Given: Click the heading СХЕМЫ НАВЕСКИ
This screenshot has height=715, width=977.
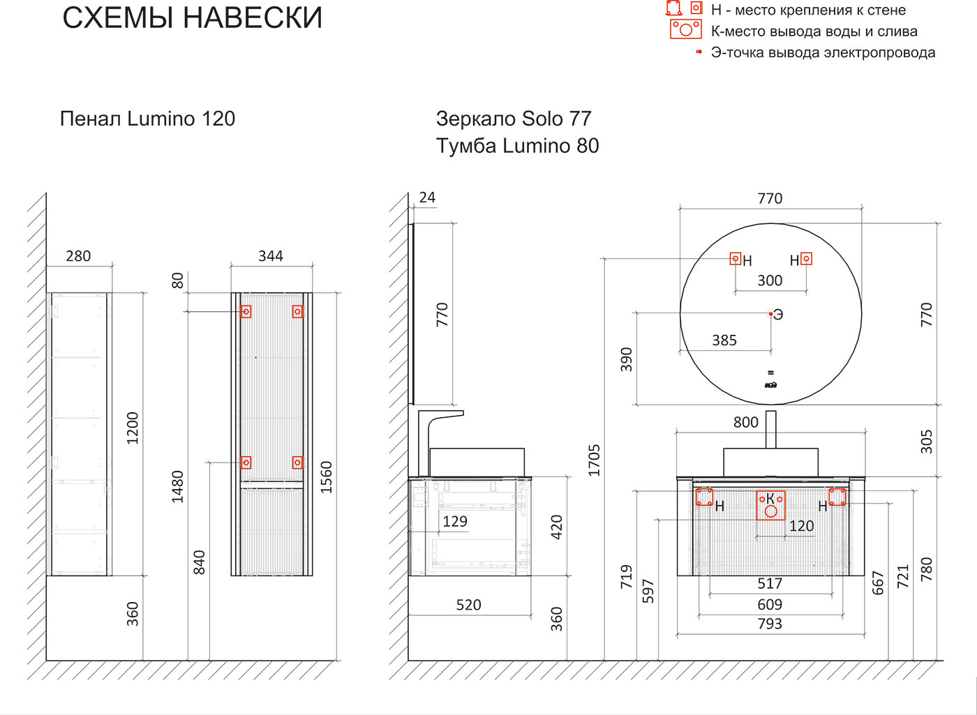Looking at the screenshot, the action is click(193, 18).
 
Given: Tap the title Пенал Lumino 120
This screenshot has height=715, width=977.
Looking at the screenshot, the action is click(147, 119).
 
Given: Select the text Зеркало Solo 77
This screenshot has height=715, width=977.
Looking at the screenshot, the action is click(514, 119).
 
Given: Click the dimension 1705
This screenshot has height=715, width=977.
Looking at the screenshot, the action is click(594, 460).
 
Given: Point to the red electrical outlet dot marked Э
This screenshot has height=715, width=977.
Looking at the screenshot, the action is click(770, 314).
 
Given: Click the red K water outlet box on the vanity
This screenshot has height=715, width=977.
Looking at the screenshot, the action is click(770, 506).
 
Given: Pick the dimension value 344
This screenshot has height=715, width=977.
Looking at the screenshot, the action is click(271, 256).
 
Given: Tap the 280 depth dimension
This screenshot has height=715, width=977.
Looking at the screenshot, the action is click(78, 256).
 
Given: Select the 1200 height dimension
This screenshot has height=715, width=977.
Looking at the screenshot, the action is click(132, 428).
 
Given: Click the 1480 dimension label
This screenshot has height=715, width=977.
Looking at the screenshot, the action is click(177, 487).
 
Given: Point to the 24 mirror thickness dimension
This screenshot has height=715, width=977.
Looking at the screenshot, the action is click(427, 197).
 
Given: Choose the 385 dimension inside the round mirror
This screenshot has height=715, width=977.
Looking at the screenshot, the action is click(724, 340).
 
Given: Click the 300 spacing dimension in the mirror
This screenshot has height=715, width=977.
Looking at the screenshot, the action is click(770, 280).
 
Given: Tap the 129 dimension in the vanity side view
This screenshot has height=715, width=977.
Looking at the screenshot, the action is click(455, 521).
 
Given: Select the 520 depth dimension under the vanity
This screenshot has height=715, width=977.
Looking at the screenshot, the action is click(469, 605).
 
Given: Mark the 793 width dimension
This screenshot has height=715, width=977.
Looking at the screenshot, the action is click(770, 624).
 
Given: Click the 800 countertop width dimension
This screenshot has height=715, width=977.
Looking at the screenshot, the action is click(746, 422).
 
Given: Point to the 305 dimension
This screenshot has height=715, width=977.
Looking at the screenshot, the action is click(927, 442).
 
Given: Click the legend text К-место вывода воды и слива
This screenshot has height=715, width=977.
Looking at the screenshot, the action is click(814, 31).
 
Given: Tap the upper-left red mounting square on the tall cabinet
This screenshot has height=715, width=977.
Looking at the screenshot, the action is click(246, 311).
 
